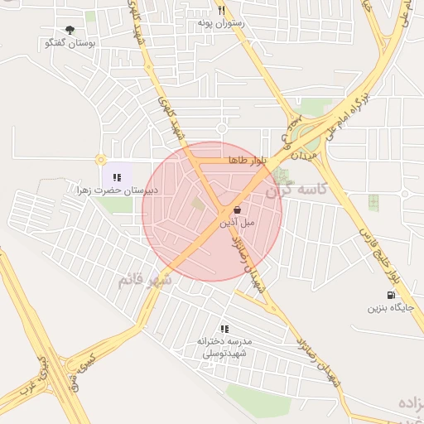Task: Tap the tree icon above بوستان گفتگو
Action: click(x=70, y=30)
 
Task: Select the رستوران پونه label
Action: click(x=220, y=23)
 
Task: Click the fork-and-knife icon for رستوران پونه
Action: click(x=221, y=11)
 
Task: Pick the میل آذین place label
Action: click(x=238, y=223)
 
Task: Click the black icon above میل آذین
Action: click(x=238, y=210)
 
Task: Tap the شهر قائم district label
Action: click(x=144, y=280)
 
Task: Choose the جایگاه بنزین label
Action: click(x=389, y=308)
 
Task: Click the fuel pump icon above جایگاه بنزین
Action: click(x=389, y=296)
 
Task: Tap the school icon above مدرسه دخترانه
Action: click(x=224, y=329)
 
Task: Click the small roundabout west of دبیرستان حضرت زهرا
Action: click(x=101, y=160)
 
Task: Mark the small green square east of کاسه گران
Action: click(x=373, y=201)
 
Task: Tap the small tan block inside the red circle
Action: click(x=198, y=202)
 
